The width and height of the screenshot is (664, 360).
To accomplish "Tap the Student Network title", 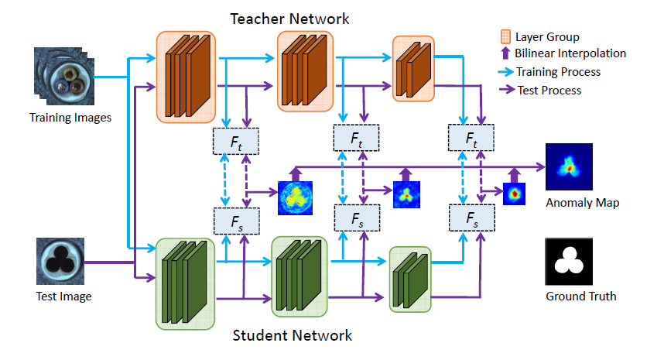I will [x=293, y=335].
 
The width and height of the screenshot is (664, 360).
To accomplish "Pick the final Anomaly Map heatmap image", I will [x=570, y=166].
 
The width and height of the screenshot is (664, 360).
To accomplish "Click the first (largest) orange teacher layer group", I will [x=185, y=76].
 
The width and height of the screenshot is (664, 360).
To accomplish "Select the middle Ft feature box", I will [x=356, y=138].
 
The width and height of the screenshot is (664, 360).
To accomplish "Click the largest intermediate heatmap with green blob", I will [x=293, y=198].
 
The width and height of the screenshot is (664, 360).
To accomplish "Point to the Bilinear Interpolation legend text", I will [x=571, y=53].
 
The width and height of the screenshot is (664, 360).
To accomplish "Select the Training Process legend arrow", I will [x=504, y=72].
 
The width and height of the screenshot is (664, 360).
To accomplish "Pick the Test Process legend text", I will [x=549, y=90].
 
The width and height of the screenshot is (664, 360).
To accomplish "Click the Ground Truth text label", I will [x=570, y=297].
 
